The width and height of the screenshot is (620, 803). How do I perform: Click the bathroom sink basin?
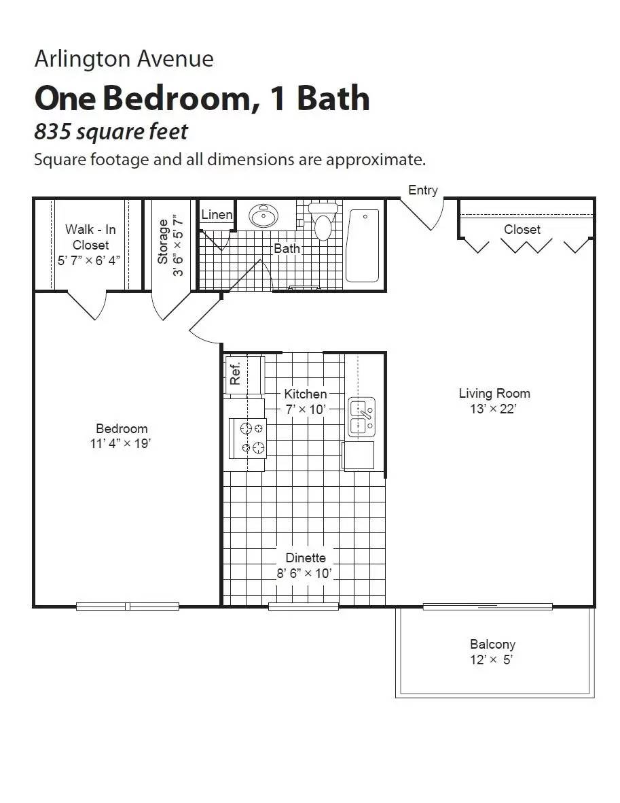[x=263, y=216]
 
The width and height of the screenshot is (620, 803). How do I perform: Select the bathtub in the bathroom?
[x=363, y=245]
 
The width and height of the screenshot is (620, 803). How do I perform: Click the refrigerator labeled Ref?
[x=236, y=375]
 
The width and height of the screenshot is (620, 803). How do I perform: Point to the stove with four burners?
[x=251, y=438]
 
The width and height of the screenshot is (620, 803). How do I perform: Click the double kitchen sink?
[x=361, y=417]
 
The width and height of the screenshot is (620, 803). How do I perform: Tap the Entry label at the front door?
[x=423, y=190]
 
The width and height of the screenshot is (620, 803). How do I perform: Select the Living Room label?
[x=494, y=393]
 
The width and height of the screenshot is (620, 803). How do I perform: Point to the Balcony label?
[x=492, y=644]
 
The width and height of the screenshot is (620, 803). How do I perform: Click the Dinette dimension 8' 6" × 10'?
[x=305, y=573]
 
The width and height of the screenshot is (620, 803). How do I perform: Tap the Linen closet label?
[x=217, y=215]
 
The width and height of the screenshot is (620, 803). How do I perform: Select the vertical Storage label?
[x=163, y=241]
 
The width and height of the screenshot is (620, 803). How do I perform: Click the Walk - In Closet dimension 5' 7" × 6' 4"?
[x=90, y=260]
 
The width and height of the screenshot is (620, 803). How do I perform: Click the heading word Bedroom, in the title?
[x=177, y=98]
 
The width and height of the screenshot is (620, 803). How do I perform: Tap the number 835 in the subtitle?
[x=53, y=131]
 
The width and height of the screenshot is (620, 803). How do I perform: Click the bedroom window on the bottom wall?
[x=128, y=606]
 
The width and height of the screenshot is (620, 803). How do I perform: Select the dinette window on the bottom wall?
[x=304, y=606]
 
